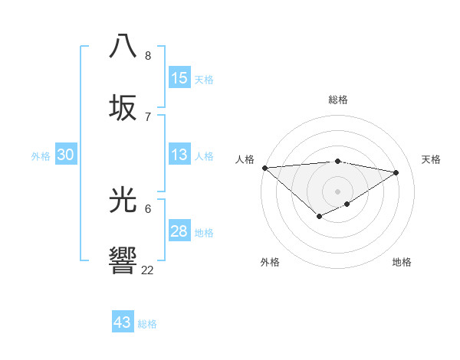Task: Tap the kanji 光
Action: click(123, 200)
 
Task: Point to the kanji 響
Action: click(123, 260)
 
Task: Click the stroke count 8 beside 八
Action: click(148, 56)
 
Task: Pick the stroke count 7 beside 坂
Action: click(148, 116)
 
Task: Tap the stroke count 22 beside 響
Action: click(148, 270)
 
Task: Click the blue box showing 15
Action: click(179, 78)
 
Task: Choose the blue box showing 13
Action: click(179, 155)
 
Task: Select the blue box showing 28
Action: click(179, 231)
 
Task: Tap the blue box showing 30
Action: click(66, 155)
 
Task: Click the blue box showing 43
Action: click(123, 322)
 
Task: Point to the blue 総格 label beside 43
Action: click(147, 324)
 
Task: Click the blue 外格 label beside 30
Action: click(41, 156)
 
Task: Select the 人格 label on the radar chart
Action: click(245, 159)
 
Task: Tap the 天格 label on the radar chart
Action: click(431, 159)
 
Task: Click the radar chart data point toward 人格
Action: click(264, 168)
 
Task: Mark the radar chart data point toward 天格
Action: click(396, 172)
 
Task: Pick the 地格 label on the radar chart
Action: click(402, 262)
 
